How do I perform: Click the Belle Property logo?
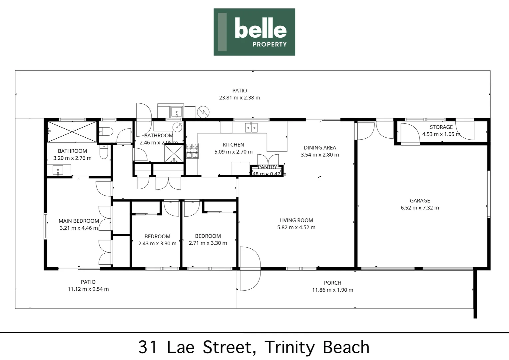point(254,32)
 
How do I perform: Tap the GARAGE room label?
point(420,201)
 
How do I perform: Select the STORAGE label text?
point(441,127)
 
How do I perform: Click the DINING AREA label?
point(320,148)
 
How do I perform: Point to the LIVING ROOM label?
point(296,220)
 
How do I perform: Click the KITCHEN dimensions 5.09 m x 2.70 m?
point(233,152)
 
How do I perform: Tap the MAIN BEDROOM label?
point(79,221)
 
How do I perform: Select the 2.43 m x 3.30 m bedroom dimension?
point(157,244)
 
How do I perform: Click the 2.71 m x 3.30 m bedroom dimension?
point(208,243)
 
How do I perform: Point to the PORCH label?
point(332,283)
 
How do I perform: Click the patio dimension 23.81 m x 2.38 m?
point(240,98)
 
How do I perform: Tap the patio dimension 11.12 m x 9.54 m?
point(88,289)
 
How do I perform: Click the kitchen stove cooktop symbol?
point(192,150)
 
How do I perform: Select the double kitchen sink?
point(251,127)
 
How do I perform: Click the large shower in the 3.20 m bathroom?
point(72,131)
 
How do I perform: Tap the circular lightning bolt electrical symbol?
point(203,112)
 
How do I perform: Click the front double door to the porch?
point(250,269)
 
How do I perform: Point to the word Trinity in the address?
point(289,347)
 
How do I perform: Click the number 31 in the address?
point(148,347)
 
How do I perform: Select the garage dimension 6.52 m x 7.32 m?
point(420,208)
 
